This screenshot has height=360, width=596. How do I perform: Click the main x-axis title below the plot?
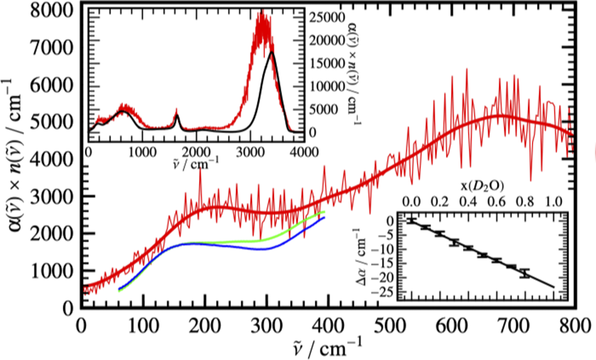click(x=327, y=345)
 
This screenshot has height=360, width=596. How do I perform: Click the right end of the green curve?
click(x=323, y=213)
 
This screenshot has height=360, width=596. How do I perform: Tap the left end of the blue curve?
click(x=119, y=289)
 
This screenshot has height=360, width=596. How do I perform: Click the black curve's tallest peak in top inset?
click(x=271, y=52)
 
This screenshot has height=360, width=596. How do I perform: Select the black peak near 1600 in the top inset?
click(x=177, y=116)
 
